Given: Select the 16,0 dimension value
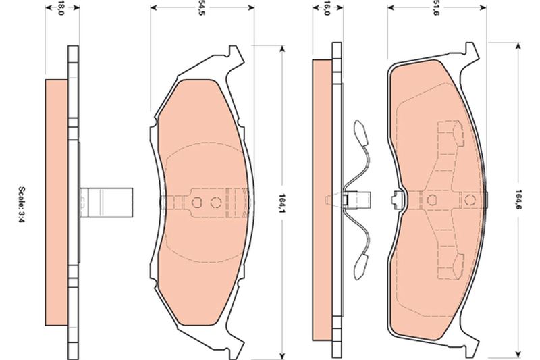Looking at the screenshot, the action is [x=327, y=8].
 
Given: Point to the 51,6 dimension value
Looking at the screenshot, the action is [x=436, y=8].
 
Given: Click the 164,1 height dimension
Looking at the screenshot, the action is [x=281, y=203].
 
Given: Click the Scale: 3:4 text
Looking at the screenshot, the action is [x=22, y=205].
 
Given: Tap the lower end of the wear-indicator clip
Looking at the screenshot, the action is [x=360, y=267].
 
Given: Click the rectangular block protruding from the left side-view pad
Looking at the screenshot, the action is [x=106, y=203].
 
